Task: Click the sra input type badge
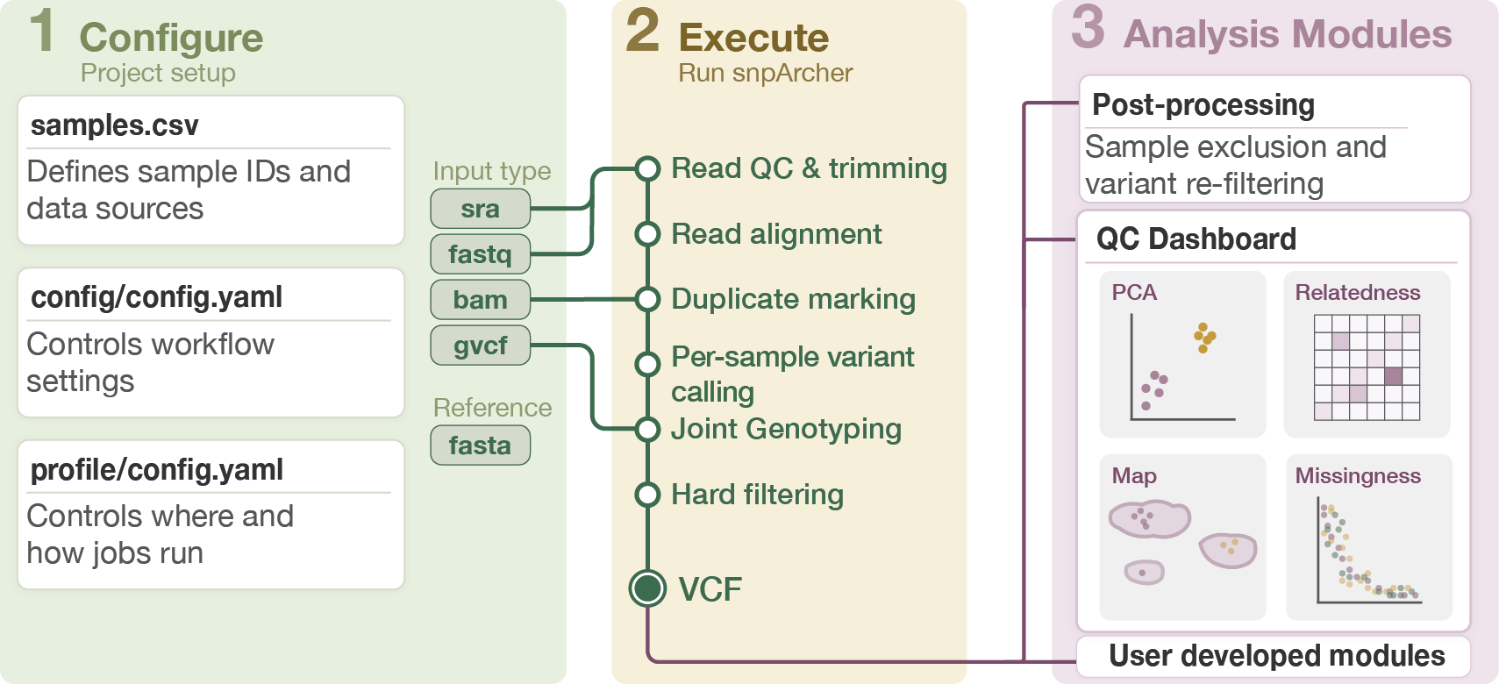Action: (480, 209)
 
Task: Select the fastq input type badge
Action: (480, 254)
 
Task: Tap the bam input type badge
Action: (480, 300)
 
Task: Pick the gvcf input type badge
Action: (480, 346)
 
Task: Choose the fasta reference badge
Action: (480, 445)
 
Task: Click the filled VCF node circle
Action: (647, 588)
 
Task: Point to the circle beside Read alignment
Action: (647, 234)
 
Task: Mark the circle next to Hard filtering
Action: (647, 495)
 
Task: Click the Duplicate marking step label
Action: (793, 299)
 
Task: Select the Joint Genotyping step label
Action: (786, 429)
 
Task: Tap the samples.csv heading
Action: (115, 125)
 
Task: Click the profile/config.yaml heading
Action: (157, 470)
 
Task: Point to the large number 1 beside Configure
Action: (42, 31)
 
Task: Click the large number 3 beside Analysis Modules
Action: (1088, 27)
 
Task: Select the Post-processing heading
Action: (1203, 105)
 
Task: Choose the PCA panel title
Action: (1134, 293)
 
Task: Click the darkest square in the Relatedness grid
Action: (1393, 376)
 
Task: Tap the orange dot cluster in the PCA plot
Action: (1204, 337)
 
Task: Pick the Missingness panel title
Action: (1358, 476)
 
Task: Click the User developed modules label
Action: (1277, 656)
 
